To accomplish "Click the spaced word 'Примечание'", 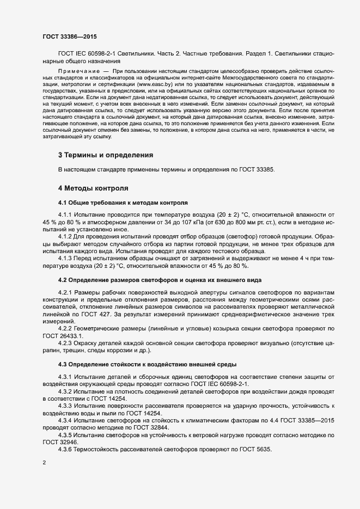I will [78, 72].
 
